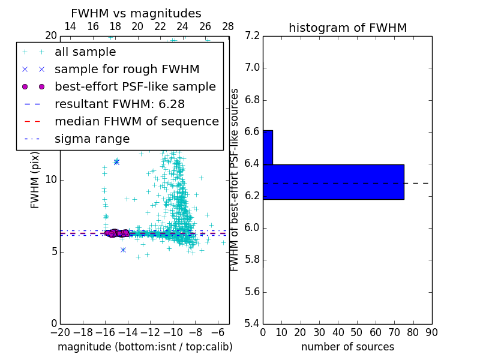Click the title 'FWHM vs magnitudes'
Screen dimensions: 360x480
(136, 14)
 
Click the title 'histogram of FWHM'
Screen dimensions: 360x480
(347, 28)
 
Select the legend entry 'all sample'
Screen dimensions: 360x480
(85, 52)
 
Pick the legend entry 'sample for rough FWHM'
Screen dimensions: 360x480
(127, 70)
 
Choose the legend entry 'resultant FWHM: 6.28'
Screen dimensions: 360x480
(119, 104)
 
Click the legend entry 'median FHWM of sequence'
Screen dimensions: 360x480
(136, 122)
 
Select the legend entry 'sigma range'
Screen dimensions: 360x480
(92, 139)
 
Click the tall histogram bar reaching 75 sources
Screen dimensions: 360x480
(334, 182)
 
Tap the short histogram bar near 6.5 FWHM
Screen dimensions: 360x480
(268, 147)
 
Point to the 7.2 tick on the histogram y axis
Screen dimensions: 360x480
(252, 35)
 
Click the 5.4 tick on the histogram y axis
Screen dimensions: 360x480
(252, 323)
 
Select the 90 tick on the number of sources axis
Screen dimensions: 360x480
(431, 332)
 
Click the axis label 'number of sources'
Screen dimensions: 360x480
(347, 347)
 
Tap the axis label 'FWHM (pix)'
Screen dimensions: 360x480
(35, 179)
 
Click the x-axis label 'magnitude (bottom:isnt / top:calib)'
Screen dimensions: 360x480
(145, 347)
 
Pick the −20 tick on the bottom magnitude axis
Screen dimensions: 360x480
(60, 332)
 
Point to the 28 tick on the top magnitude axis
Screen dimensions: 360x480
(228, 26)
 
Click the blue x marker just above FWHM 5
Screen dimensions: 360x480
(123, 250)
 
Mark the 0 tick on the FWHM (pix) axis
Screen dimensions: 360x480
(53, 323)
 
